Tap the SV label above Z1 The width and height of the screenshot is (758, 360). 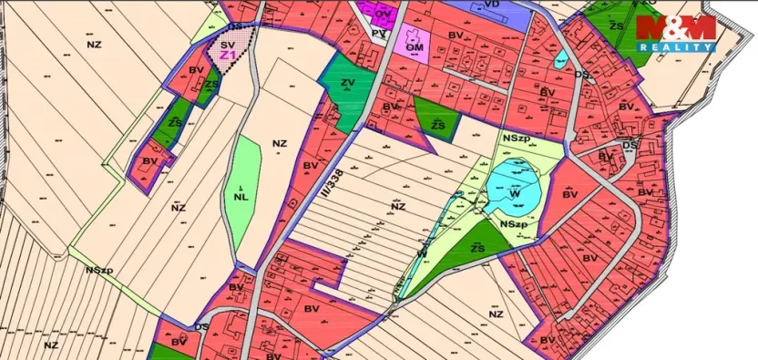click(x=227, y=43)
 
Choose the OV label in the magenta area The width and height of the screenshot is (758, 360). click(x=384, y=14)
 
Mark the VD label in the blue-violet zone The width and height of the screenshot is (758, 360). click(x=491, y=5)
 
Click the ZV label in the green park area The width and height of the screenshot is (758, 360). click(x=347, y=83)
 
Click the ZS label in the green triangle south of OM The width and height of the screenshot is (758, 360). click(x=438, y=122)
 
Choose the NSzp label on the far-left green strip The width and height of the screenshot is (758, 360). click(x=100, y=270)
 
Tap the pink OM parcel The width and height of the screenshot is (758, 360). click(x=416, y=44)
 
